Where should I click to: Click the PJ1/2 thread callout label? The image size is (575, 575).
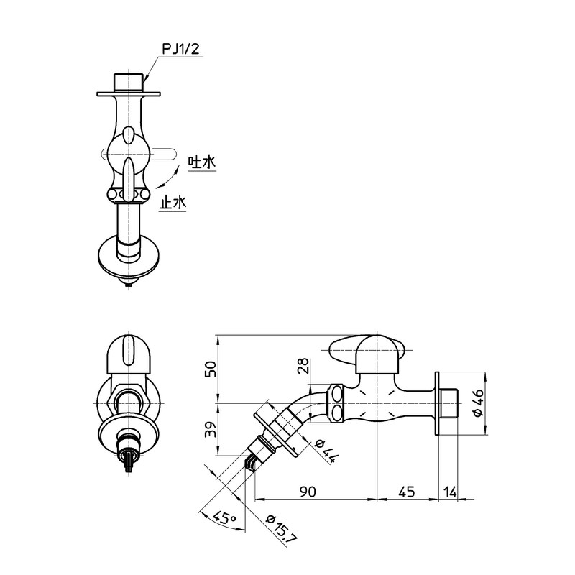181,49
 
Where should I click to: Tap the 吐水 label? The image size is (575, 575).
202,162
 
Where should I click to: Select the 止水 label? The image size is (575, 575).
172,203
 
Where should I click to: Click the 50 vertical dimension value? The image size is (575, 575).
211,369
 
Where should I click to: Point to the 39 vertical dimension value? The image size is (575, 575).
211,428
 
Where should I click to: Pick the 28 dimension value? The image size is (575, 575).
303,366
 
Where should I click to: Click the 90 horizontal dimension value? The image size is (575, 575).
308,492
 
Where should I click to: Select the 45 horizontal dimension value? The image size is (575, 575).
406,492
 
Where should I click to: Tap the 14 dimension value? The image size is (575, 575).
450,492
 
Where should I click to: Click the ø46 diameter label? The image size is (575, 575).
479,402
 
